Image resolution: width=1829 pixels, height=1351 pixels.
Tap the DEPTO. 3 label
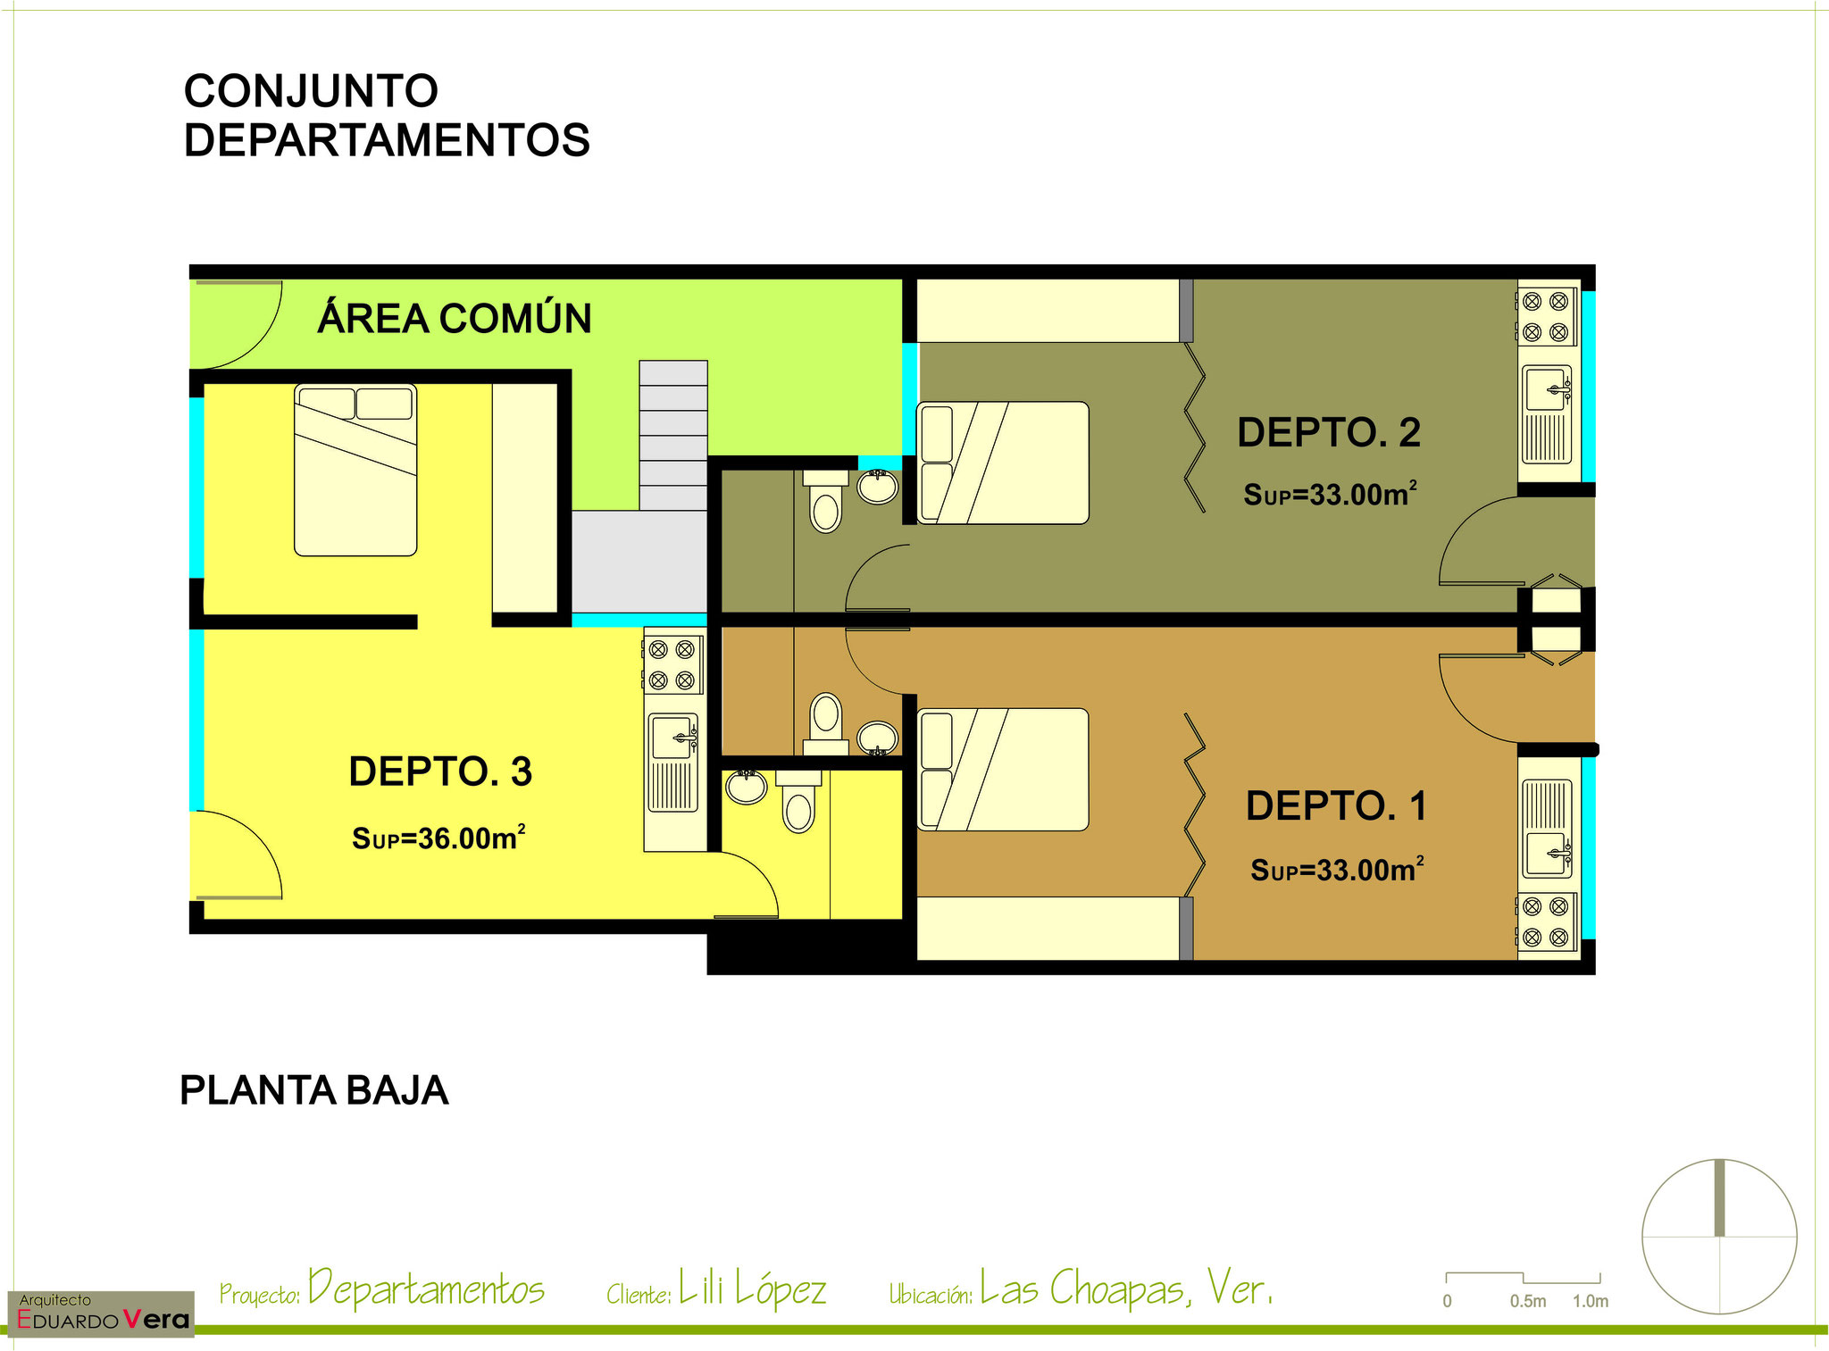440,771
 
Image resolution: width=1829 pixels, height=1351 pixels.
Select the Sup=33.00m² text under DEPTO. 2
1330,494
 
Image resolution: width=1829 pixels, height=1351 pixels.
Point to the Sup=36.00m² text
438,838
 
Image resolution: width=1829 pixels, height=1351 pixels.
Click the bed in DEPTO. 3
355,470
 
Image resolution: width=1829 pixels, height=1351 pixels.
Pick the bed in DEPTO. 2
1003,463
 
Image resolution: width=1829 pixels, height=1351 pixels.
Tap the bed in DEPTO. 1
1003,770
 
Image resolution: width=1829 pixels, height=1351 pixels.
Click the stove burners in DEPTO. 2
1546,316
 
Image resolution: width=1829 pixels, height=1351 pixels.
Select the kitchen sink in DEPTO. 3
673,762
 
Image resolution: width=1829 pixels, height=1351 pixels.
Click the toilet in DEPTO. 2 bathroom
825,502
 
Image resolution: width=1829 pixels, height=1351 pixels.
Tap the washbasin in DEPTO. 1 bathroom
878,738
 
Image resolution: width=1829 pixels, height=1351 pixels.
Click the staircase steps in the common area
673,435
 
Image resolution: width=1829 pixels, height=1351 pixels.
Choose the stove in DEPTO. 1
1546,922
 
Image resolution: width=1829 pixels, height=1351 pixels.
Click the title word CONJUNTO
311,91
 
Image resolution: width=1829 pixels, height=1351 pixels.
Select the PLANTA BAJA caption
314,1090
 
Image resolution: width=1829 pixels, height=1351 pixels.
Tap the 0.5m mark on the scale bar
1528,1301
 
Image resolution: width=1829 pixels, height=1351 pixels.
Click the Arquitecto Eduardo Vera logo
101,1313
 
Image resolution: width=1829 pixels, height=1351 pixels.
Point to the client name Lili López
752,1288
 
